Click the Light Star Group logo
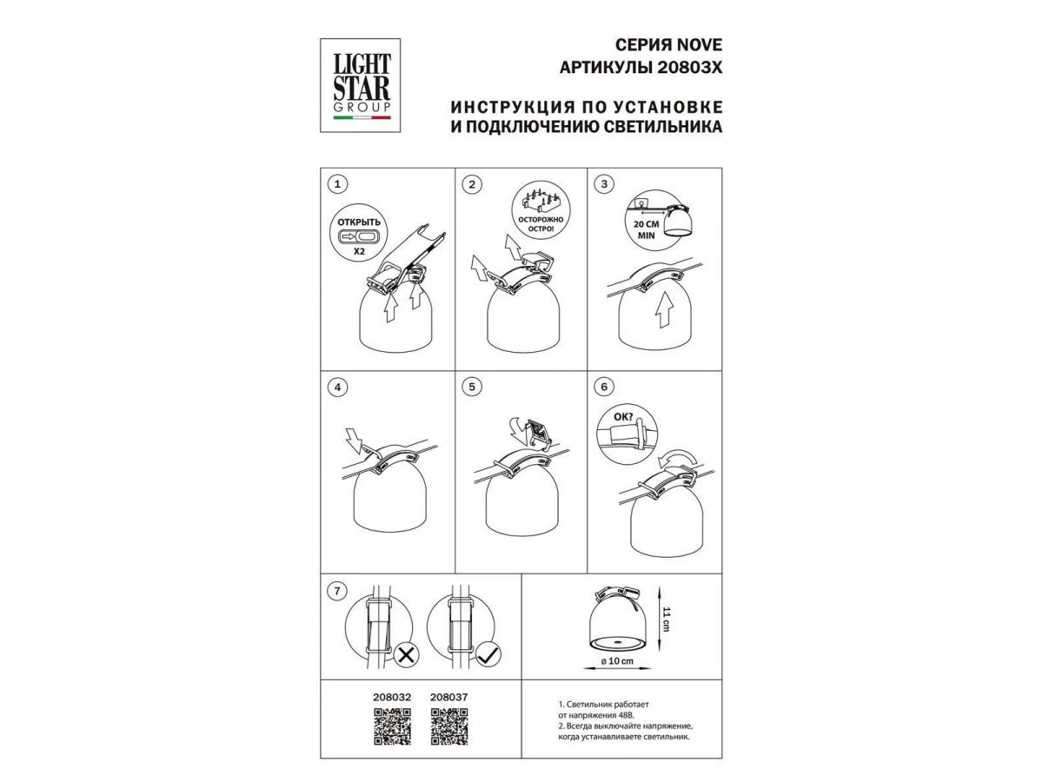[360, 85]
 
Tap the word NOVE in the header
[700, 45]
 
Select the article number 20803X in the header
[689, 68]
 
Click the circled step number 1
[337, 183]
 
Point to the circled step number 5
[471, 387]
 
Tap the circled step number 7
[337, 591]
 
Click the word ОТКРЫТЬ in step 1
[359, 222]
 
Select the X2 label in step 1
[359, 251]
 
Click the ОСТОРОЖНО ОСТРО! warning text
[541, 224]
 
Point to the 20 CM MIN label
[646, 229]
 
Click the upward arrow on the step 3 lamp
[663, 309]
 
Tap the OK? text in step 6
[623, 417]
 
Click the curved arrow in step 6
[678, 459]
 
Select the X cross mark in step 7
[406, 656]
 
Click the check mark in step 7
[488, 656]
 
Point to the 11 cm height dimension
[666, 620]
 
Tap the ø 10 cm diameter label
[617, 660]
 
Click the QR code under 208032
[392, 726]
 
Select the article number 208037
[449, 697]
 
